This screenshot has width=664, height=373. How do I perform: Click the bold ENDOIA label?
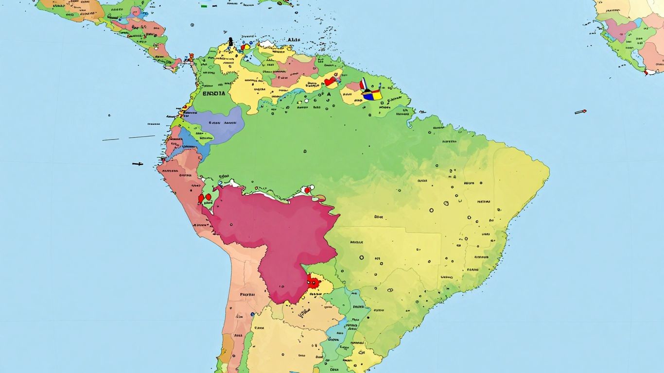coord(214,94)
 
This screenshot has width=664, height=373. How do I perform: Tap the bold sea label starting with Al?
coord(294,40)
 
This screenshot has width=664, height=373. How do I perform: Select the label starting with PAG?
coord(247,294)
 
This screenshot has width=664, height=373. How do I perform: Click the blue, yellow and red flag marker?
coord(373,95)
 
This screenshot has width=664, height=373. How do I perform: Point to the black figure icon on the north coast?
coord(230,42)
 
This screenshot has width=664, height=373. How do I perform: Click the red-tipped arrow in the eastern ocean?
coord(580,112)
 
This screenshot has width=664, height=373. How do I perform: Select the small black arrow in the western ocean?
coord(138,164)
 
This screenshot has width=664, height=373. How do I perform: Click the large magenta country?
coord(277,233)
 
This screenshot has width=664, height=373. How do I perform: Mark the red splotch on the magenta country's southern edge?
coord(313,282)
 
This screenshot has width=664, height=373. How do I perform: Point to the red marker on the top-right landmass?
coord(647,73)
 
